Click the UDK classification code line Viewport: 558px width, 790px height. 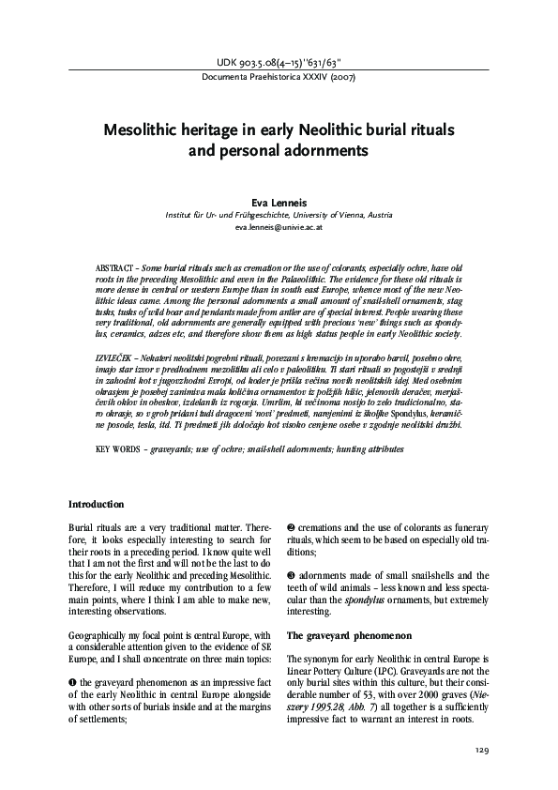click(x=279, y=63)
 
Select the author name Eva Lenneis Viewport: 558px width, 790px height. click(x=279, y=200)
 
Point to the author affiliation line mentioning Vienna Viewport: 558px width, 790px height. click(x=279, y=213)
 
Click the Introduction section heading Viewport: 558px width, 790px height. click(x=96, y=504)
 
